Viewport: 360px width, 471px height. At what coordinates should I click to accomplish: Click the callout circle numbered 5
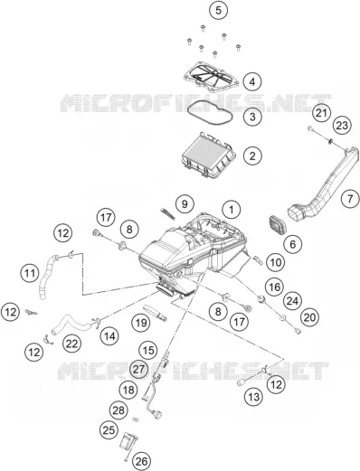(x=218, y=10)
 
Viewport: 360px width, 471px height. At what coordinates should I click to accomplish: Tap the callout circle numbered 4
(x=252, y=81)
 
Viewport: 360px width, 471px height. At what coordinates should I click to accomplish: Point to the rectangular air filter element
(x=209, y=155)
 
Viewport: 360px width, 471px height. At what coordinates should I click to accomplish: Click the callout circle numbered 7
(x=350, y=199)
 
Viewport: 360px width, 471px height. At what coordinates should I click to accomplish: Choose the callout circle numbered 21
(x=321, y=113)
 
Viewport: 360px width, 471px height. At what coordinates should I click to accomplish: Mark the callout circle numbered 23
(x=342, y=126)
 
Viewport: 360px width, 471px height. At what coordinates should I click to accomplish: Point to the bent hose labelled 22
(x=71, y=324)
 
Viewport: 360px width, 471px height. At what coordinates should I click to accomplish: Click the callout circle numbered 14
(x=109, y=336)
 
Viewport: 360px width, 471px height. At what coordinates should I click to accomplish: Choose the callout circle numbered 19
(x=141, y=323)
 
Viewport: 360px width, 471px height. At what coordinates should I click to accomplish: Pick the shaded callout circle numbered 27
(x=138, y=369)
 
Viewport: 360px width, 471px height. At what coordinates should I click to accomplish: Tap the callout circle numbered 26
(x=141, y=461)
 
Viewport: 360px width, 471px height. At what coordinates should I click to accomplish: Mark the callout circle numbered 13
(x=253, y=397)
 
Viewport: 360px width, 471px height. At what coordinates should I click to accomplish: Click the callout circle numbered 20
(x=309, y=317)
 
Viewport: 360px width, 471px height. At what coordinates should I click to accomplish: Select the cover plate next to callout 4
(x=212, y=78)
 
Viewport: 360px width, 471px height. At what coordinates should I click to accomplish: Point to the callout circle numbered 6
(x=293, y=244)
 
